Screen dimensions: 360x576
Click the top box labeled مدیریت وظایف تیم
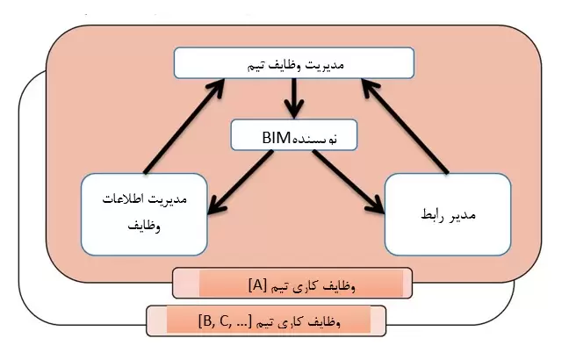[293, 63]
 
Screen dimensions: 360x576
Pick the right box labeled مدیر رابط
[448, 213]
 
